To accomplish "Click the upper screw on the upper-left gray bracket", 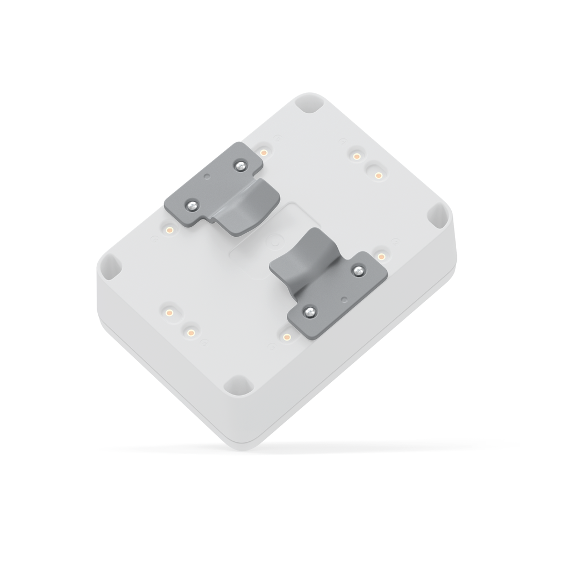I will (239, 164).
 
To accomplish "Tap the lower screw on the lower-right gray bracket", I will (310, 312).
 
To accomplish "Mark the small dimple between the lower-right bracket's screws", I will (345, 299).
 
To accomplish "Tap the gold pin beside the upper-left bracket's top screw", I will (264, 151).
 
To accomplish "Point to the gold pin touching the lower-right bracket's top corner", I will (381, 256).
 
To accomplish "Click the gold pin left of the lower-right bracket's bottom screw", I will (287, 337).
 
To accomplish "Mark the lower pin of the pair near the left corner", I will (191, 332).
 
